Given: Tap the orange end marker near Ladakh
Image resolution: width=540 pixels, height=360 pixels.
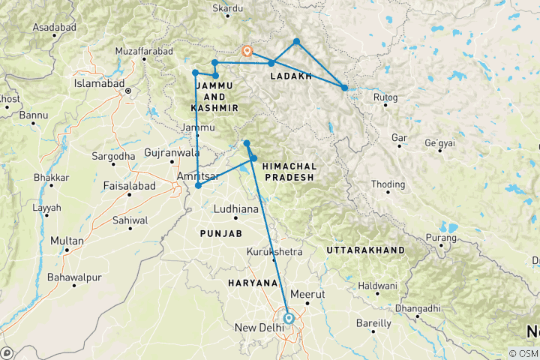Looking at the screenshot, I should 247,51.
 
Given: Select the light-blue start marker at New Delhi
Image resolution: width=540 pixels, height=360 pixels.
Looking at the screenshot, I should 288,318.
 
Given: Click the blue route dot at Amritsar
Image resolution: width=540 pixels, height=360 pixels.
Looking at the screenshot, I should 198,186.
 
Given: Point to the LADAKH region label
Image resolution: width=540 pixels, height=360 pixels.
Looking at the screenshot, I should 289,76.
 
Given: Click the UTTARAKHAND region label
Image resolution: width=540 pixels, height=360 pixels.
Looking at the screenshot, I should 365,250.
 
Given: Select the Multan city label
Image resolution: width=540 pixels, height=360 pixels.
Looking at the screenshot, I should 67,241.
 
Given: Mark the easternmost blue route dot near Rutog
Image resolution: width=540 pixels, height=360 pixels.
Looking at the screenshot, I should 344,88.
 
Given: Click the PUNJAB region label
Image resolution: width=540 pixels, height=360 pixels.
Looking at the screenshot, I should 220,234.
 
